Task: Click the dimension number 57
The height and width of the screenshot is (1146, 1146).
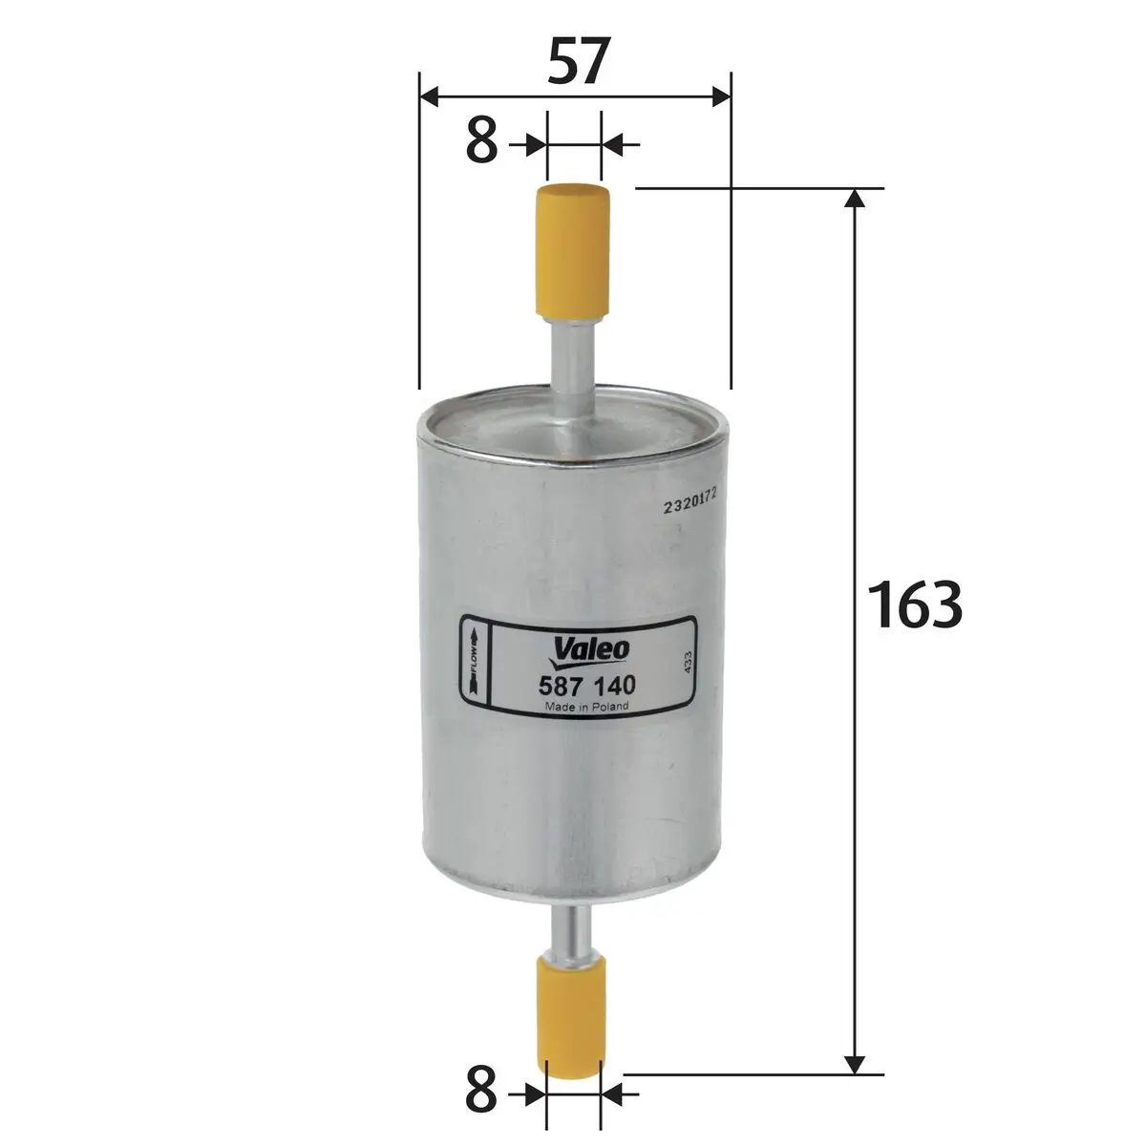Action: click(575, 64)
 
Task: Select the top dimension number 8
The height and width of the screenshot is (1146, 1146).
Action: click(482, 144)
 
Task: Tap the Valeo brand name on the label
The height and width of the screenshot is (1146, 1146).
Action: click(590, 648)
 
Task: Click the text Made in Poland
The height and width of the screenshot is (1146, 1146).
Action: click(585, 707)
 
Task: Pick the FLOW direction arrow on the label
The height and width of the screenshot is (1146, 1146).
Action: click(475, 662)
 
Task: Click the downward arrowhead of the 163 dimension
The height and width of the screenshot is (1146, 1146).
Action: click(856, 1063)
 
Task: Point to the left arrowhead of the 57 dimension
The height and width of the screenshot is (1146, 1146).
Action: click(429, 95)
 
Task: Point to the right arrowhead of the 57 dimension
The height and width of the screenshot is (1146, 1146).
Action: click(721, 95)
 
